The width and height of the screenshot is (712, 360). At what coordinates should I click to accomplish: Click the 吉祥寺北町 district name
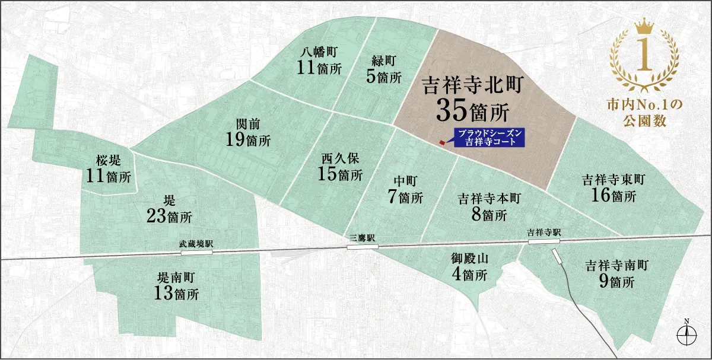472,86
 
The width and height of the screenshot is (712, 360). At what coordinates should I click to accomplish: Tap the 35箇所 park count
473,110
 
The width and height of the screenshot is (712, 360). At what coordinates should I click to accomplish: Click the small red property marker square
441,143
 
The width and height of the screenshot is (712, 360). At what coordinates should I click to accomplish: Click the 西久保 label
340,159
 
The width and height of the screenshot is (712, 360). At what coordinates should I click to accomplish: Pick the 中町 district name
406,181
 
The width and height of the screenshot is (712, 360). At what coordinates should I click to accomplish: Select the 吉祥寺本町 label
489,199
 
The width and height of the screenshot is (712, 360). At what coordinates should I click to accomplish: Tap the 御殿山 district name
469,259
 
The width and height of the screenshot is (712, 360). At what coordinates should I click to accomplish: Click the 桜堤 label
109,160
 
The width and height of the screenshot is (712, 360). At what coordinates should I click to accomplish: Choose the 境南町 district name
175,277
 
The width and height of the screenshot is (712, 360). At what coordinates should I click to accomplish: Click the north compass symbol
686,333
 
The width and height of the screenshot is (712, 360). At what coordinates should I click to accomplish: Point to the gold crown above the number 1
644,27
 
